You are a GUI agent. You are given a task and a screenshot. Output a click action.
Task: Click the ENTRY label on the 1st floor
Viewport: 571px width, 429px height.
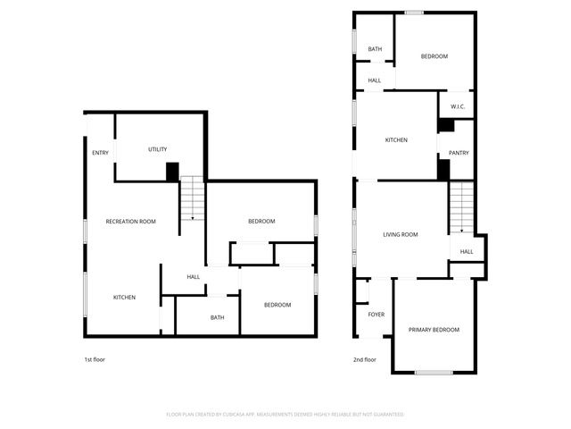[101, 153]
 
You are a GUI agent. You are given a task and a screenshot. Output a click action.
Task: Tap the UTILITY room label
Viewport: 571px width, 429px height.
[157, 149]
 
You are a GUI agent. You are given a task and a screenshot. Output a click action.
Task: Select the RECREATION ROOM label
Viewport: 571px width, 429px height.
[131, 221]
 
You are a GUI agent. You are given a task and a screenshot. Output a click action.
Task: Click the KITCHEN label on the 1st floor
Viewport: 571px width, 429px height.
[124, 297]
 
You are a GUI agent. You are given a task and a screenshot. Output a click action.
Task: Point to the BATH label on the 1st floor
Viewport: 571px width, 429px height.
[218, 317]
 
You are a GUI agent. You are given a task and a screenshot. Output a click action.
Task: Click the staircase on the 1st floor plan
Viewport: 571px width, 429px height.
[193, 198]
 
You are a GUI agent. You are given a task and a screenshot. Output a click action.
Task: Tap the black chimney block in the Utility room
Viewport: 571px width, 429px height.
[173, 172]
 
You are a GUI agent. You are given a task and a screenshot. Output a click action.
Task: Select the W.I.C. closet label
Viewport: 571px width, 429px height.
[458, 107]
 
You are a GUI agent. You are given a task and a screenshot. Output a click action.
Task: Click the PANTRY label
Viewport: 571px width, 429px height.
[459, 152]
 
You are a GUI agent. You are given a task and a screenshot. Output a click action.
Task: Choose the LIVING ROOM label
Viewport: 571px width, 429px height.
[401, 235]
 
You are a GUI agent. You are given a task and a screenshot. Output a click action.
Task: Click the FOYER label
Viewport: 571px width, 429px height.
[377, 315]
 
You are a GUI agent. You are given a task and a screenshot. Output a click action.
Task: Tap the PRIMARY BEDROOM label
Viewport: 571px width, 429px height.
[434, 330]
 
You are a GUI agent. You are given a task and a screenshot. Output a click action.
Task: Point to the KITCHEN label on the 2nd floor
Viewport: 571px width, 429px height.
[396, 140]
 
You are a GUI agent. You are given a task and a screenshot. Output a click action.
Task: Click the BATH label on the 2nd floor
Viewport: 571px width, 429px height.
[375, 49]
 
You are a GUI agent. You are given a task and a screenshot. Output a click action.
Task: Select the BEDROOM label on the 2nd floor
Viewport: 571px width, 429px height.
[434, 56]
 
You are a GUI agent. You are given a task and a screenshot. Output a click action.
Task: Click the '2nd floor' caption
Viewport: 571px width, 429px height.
[365, 359]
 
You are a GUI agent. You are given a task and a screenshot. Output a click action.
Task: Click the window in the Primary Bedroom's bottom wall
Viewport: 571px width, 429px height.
[434, 372]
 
